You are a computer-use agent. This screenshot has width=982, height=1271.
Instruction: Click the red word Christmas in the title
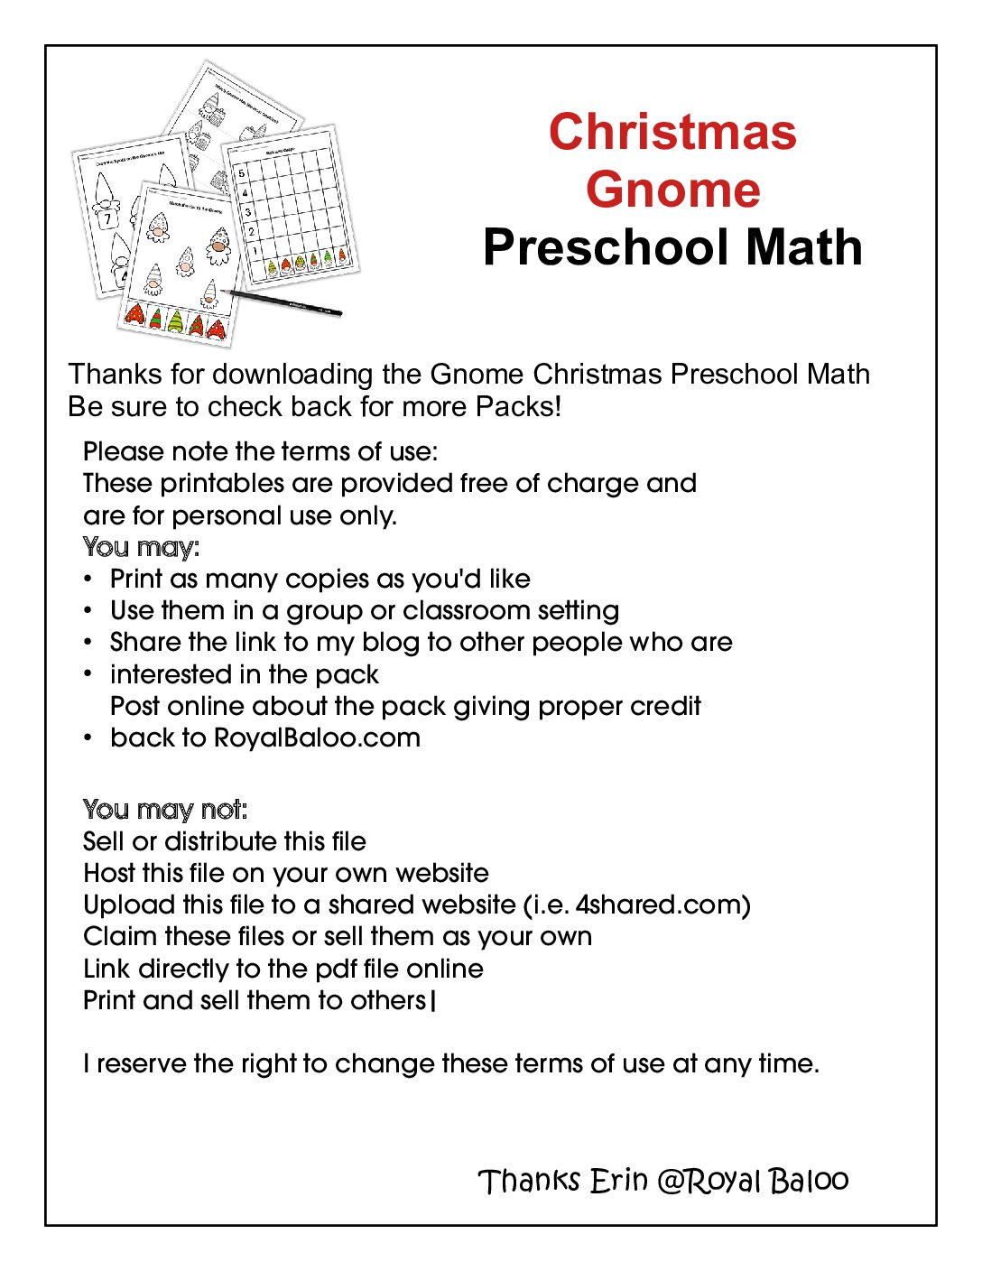tap(672, 132)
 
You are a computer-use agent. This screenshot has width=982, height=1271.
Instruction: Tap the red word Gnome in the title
tap(672, 190)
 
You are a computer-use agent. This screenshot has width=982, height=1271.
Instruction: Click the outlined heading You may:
tap(141, 547)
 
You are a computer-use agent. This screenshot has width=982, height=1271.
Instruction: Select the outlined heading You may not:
tap(164, 809)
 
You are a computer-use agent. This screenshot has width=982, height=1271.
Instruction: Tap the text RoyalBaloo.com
tap(317, 738)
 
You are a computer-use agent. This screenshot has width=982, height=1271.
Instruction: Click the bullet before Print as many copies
tap(88, 579)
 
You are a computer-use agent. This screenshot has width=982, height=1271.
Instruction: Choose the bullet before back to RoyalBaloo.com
tap(88, 738)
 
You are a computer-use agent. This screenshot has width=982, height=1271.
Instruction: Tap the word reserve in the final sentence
tap(141, 1063)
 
